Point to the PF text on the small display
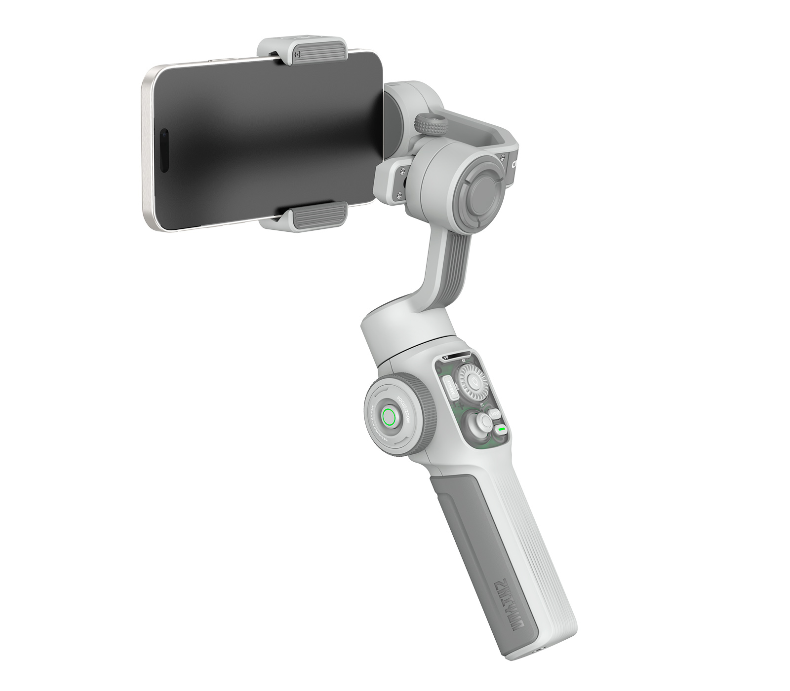pos(446,358)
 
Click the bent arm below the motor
pos(444,266)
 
